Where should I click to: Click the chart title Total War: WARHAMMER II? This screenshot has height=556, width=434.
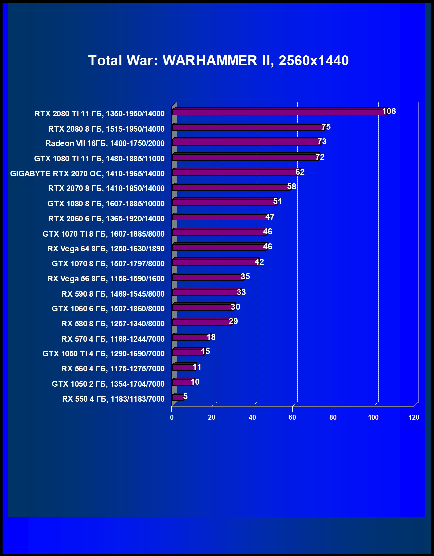coord(218,61)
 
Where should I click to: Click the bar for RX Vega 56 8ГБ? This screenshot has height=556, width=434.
coord(208,277)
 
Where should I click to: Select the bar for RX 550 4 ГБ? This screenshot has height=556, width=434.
coord(177,397)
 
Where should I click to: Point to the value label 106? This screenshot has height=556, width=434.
coord(389,111)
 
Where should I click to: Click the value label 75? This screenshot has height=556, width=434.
coord(326,127)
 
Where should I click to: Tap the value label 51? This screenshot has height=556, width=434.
coord(277,202)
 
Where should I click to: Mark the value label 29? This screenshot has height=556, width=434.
coord(233,321)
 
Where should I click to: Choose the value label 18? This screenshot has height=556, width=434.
coord(211,337)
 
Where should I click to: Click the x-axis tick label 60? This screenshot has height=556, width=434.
coord(292,417)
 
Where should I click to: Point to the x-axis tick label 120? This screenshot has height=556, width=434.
coord(414,417)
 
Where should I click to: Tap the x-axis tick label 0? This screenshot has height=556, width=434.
coord(172,417)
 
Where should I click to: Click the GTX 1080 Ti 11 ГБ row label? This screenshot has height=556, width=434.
coord(99,159)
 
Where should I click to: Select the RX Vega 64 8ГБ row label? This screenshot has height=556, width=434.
coord(106,249)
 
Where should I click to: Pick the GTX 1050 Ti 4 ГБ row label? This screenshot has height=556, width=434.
coord(103,354)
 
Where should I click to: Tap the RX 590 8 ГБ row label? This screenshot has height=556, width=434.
coord(113,294)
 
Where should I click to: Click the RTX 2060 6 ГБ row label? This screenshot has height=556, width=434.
coord(106,219)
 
